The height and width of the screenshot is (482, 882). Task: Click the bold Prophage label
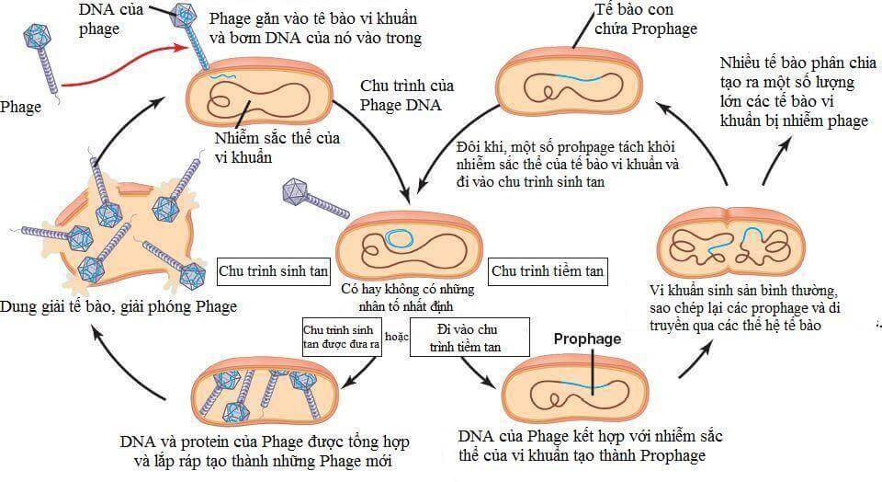[x=587, y=339]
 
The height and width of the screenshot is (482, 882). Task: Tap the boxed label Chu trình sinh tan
[x=273, y=272]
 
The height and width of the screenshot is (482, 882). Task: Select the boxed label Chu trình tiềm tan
[x=548, y=271]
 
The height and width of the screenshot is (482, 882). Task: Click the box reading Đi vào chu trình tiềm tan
[x=471, y=337]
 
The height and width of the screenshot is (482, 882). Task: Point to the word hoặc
[x=398, y=337]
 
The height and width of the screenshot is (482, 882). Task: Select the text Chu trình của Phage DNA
[x=405, y=95]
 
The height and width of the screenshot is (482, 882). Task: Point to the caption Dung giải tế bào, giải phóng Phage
[x=119, y=306]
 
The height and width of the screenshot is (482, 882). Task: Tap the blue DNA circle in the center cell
[x=399, y=238]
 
